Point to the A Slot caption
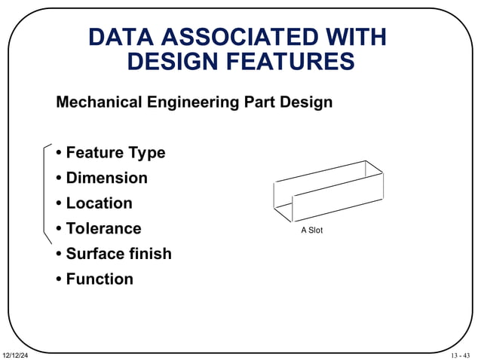point(311,230)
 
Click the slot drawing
point(328,191)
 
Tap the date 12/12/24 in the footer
point(15,355)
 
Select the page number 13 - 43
point(460,355)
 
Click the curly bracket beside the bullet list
point(46,193)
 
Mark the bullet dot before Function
point(59,279)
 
